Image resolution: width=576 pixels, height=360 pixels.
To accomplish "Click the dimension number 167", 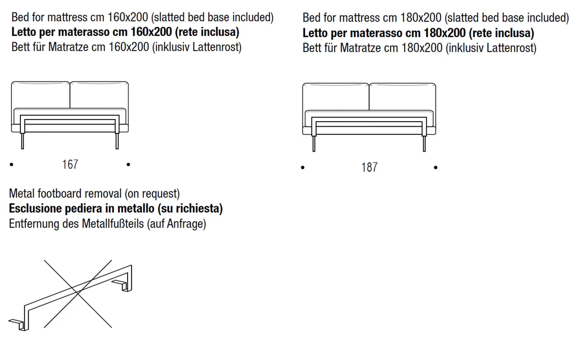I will (x=70, y=164).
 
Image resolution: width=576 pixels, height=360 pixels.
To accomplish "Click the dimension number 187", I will (x=369, y=167).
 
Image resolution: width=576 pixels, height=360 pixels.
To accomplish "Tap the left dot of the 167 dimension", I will (x=12, y=164).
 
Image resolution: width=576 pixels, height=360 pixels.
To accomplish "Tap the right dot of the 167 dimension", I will (x=128, y=164).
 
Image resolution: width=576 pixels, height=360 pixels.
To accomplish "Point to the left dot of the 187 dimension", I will (x=303, y=167).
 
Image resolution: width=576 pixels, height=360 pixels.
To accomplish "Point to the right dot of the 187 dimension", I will (x=436, y=167).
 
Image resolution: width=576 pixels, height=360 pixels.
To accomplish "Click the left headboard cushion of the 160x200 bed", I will (x=41, y=95).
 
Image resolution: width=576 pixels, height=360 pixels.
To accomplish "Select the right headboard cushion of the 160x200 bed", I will (x=99, y=95).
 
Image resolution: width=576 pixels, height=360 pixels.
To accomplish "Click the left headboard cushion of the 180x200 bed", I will (x=336, y=97).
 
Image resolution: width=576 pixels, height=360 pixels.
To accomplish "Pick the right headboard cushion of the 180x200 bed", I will (x=402, y=97).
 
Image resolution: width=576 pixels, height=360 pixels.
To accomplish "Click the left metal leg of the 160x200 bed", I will (x=22, y=141).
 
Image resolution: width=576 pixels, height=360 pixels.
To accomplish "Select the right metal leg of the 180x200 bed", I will (x=424, y=143).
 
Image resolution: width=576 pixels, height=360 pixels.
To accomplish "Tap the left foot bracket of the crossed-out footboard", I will (x=18, y=323).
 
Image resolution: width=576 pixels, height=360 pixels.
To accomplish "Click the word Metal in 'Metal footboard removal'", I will (x=22, y=194).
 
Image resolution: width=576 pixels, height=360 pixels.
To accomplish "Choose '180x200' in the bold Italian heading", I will (x=445, y=33).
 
